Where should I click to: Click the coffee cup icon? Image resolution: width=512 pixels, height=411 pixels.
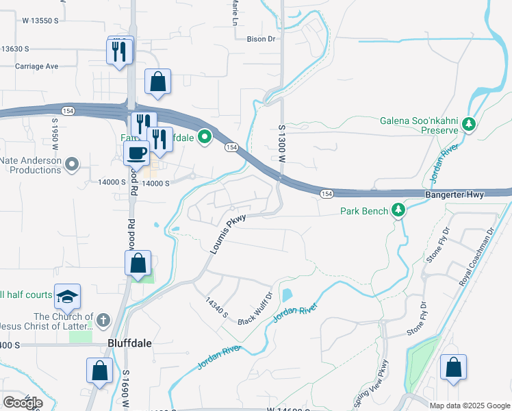[136, 153]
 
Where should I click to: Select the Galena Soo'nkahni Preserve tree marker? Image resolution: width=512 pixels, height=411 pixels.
[469, 125]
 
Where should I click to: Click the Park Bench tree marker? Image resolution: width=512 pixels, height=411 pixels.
[399, 211]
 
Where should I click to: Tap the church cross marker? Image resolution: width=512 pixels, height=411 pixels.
[103, 320]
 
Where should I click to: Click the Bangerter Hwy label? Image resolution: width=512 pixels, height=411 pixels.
[455, 195]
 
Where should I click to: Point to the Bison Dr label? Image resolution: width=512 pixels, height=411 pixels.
[261, 39]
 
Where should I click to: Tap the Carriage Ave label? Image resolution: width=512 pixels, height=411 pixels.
[38, 66]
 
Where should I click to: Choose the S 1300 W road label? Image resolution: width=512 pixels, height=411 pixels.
[281, 143]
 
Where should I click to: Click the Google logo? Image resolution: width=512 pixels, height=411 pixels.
[23, 403]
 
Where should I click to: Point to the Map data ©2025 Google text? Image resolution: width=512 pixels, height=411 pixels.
[470, 406]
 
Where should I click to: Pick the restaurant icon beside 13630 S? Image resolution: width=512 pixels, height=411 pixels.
[119, 51]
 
